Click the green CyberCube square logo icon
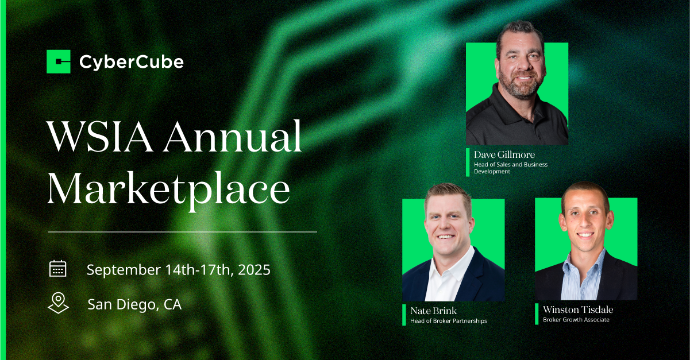(x=59, y=61)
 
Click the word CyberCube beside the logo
(x=132, y=63)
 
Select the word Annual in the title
(x=233, y=136)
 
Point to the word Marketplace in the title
(x=168, y=189)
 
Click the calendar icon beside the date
(x=58, y=269)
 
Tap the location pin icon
(x=58, y=303)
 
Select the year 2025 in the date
(x=255, y=270)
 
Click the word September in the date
(x=124, y=270)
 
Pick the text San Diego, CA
(x=134, y=304)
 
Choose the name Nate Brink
(x=433, y=311)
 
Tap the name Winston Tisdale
(x=578, y=309)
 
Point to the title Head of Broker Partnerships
(x=449, y=321)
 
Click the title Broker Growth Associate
(x=576, y=320)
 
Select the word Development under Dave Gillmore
(x=492, y=172)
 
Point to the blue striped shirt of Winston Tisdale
(x=582, y=277)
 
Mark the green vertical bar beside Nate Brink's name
(x=404, y=315)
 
